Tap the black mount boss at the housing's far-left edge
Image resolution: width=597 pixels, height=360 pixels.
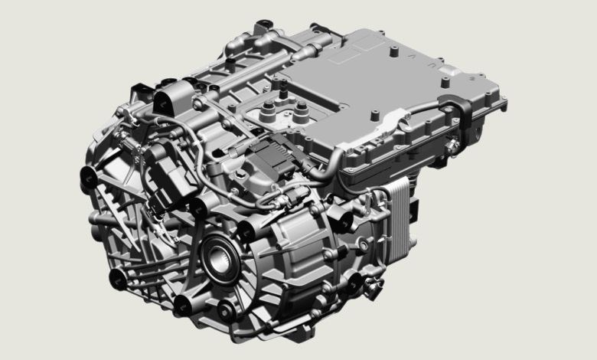coord(86,178)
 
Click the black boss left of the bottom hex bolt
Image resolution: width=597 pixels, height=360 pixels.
coord(184,305)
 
